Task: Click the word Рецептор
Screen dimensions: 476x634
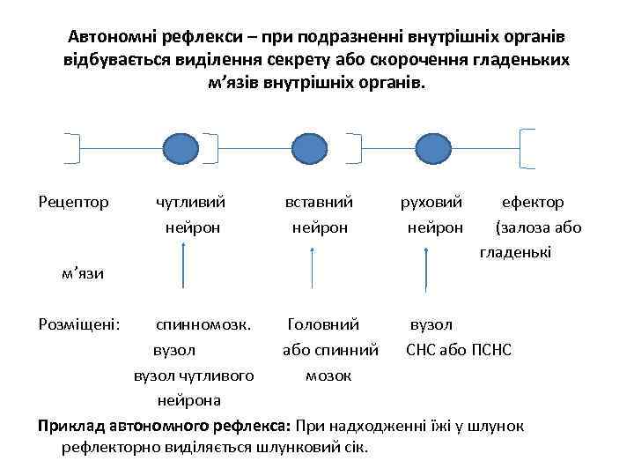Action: point(74,203)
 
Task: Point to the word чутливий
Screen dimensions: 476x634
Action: point(190,203)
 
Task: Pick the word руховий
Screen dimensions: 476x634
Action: point(431,203)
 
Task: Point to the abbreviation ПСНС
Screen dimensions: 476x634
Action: point(492,351)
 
